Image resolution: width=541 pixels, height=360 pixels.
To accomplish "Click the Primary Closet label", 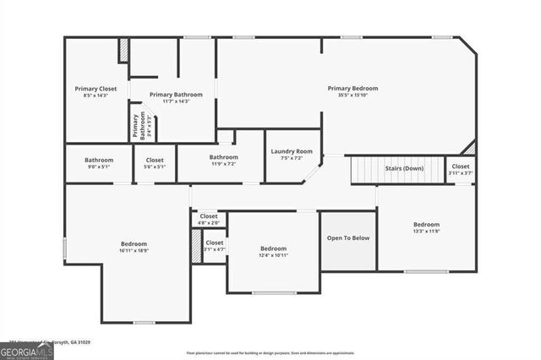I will coord(96,88).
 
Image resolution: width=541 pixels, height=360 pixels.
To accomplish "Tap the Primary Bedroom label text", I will coord(352,88).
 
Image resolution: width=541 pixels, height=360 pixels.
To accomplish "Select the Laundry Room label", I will coord(292,151).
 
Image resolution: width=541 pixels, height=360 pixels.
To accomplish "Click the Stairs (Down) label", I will coord(404,168).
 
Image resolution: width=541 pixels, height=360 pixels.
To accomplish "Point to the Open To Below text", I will coord(348,238).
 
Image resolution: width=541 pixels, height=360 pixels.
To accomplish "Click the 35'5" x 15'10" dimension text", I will coord(352,95).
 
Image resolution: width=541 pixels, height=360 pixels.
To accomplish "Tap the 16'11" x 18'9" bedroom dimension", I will coord(134,251).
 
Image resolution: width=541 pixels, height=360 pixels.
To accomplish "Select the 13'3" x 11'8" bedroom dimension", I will coord(426,231).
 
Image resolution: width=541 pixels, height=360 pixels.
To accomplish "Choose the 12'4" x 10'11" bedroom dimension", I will coord(273,255).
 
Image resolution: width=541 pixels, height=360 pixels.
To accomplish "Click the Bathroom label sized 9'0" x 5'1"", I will coord(98,160).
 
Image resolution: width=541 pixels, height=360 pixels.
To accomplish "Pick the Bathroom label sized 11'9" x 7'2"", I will coord(223,156).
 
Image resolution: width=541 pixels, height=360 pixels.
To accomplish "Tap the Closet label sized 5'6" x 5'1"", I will coord(155,160).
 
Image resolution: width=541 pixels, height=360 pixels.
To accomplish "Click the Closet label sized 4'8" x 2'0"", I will coord(209,216).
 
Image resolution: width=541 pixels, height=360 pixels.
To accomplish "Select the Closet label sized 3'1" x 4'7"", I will coord(215,243).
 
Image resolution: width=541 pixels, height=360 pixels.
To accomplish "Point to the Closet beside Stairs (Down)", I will coord(461,166).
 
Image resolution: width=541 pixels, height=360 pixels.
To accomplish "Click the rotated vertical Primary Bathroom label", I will coord(135,126).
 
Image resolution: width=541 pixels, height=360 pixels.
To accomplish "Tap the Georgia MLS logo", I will coord(27,349).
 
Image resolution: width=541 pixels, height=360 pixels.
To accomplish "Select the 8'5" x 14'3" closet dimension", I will coord(96,95).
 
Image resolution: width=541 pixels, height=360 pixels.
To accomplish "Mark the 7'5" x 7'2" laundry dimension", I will coord(292,158).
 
